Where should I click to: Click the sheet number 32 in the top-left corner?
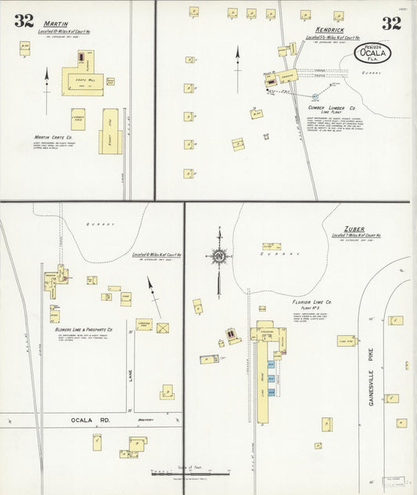[x=23, y=21]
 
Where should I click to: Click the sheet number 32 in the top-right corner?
[x=391, y=23]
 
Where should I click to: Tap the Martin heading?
[x=56, y=24]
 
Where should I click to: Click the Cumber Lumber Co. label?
[x=332, y=107]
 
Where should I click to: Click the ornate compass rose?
[x=219, y=255]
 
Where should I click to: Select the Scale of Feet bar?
[x=190, y=473]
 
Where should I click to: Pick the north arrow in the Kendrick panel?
[x=237, y=56]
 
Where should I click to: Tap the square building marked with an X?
[x=163, y=328]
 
